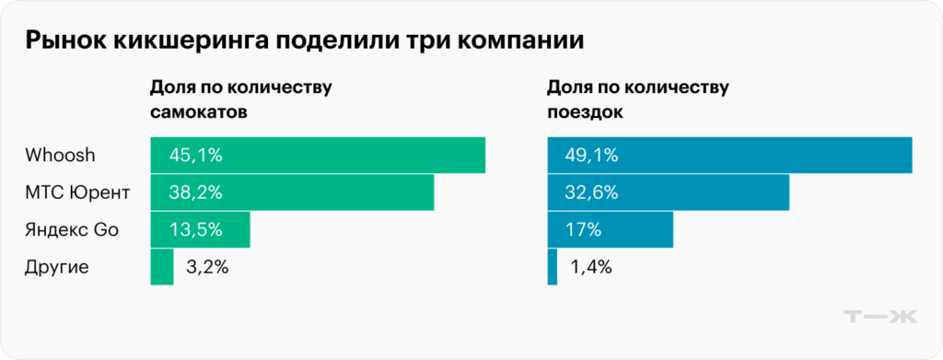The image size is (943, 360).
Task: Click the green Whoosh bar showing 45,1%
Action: pos(318,155)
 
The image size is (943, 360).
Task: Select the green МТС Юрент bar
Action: pos(292,192)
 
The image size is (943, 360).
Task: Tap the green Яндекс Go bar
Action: pos(200,229)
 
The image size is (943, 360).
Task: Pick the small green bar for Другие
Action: pos(162,267)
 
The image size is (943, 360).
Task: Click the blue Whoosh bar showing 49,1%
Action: pos(729,155)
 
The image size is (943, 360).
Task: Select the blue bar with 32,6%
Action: pos(669,192)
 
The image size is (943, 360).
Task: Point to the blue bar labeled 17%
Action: pos(610,229)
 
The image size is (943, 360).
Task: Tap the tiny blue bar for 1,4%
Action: pos(553,267)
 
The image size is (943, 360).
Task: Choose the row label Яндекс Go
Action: pos(74,229)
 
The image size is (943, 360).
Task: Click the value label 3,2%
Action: pos(206,268)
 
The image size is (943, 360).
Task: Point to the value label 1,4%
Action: pos(591,268)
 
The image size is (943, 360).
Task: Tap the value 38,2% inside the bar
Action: pos(196,192)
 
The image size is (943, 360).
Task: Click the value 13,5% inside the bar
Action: pos(196,229)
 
